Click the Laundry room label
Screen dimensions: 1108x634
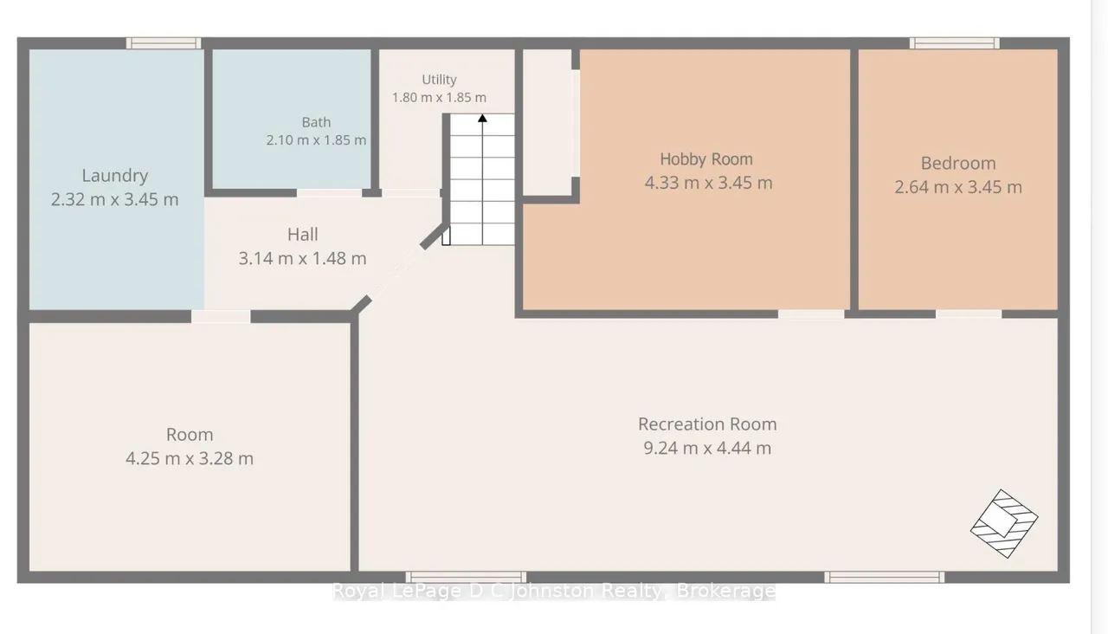[x=115, y=176]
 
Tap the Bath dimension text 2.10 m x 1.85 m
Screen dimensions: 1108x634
[x=316, y=140]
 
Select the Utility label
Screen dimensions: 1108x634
[x=439, y=80]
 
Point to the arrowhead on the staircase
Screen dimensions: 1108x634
[x=482, y=118]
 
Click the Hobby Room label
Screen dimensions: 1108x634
[x=706, y=158]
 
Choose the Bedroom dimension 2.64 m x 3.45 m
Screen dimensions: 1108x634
[x=958, y=187]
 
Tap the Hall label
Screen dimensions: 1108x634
[x=303, y=234]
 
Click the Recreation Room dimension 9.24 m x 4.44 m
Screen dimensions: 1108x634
[x=707, y=448]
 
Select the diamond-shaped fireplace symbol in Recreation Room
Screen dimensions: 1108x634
[x=1004, y=523]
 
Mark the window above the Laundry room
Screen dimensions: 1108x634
[x=164, y=43]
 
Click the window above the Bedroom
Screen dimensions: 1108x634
[x=955, y=43]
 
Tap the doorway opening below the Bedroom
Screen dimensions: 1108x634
[x=969, y=314]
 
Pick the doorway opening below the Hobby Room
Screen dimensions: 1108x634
[x=811, y=314]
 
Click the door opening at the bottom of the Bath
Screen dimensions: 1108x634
[x=330, y=192]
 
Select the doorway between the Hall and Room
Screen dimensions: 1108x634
[x=221, y=316]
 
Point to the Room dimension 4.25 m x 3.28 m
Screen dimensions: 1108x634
[x=190, y=458]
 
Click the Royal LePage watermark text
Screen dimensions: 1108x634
[x=553, y=591]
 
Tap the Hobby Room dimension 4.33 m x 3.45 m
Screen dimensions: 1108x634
[x=708, y=183]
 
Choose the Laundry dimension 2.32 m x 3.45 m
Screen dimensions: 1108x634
[x=115, y=199]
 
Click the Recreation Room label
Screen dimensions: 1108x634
[x=707, y=424]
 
